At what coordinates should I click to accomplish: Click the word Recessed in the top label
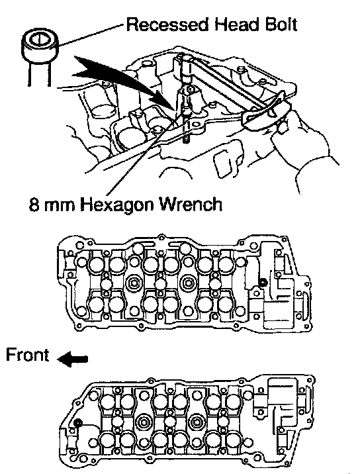click(x=167, y=24)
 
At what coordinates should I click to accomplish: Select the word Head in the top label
click(x=236, y=24)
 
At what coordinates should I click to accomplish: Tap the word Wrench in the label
click(x=192, y=205)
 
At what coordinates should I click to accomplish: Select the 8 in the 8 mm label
click(x=34, y=205)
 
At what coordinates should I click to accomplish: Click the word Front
click(x=27, y=355)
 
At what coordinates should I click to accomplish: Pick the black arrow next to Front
click(x=73, y=359)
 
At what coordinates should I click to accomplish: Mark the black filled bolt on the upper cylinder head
click(x=263, y=282)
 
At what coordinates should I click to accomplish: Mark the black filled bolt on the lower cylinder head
click(x=78, y=422)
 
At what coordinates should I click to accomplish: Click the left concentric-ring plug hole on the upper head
click(x=134, y=283)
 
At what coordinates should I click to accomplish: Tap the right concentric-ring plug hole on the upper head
click(x=189, y=283)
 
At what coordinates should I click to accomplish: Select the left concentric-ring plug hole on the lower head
click(x=143, y=422)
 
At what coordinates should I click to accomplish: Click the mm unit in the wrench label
click(x=60, y=207)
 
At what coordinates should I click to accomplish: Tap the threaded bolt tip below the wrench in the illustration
click(x=187, y=140)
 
